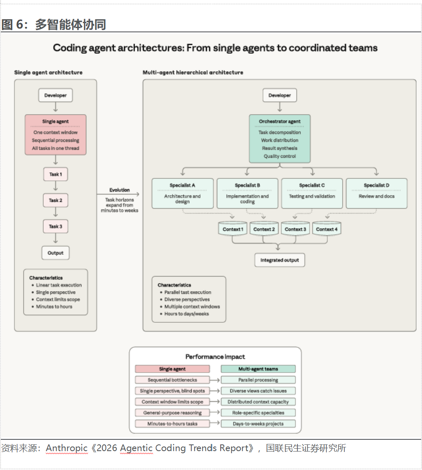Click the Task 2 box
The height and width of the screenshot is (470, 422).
56,200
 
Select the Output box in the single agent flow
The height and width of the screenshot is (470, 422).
55,253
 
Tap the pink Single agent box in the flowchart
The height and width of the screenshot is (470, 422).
55,135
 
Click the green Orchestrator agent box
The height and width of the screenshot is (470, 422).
280,138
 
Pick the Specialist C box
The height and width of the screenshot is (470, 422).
312,193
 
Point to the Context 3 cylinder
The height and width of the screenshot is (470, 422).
295,229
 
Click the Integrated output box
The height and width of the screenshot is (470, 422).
280,260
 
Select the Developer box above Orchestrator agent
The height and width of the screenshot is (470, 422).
280,95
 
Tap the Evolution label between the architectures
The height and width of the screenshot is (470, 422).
120,190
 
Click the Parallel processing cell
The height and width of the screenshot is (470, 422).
258,380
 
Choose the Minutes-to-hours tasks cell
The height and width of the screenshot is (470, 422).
172,423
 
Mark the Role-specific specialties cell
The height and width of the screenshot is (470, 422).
258,413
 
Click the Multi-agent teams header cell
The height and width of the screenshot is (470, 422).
258,369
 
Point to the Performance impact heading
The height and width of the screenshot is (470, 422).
215,357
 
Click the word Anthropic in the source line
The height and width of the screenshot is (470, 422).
67,448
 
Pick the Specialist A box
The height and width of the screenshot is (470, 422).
182,193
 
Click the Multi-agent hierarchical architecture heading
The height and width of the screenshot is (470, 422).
193,73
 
